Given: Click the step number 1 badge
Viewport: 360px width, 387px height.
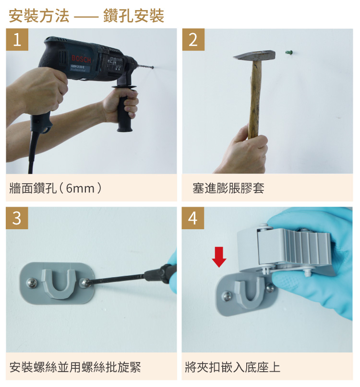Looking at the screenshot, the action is pos(17,39).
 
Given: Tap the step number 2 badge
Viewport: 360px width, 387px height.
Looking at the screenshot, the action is pos(193,39).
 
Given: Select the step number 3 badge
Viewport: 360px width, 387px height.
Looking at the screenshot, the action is pos(17,218).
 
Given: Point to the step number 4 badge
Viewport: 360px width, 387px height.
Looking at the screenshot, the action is pos(193,218).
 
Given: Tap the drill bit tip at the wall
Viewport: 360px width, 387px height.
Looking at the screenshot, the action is pos(153,68).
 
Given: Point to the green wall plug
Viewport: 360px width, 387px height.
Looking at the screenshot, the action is pos(289,52).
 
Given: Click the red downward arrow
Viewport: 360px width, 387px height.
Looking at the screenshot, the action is pos(219,257).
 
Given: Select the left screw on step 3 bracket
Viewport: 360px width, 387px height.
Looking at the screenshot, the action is pos(32,282).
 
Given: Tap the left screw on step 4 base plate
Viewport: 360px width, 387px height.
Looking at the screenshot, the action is pos(227,296).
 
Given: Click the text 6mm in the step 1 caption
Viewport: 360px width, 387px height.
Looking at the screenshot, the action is pos(80,188).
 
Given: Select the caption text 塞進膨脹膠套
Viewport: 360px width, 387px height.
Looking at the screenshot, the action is pos(228,188).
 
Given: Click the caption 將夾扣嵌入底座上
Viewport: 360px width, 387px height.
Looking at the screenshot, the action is pos(232,367).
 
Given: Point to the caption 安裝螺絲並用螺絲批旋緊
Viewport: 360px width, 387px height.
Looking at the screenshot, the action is pos(75,367).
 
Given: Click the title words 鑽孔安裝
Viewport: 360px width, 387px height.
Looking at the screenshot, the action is pos(133,16).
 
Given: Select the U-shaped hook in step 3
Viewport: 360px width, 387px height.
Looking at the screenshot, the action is pos(59,284).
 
